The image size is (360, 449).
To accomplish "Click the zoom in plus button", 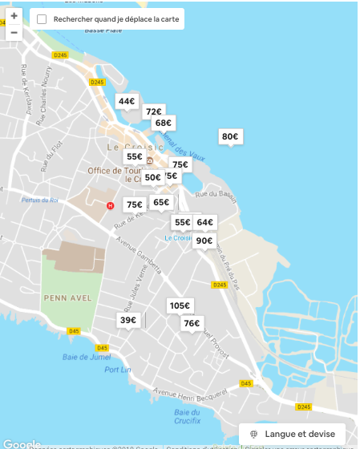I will [14, 15].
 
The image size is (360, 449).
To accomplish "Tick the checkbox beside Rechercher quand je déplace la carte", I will [42, 18].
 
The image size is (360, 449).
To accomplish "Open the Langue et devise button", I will [292, 433].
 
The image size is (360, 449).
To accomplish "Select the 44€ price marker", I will [127, 102].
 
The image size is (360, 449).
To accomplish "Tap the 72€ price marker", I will [154, 112].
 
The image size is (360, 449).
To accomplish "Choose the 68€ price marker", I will [164, 123].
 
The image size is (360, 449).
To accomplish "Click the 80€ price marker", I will [230, 137].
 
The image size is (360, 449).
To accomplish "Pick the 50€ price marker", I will [152, 178].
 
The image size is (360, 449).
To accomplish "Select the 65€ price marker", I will [161, 203].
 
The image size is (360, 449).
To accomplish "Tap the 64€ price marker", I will [205, 223].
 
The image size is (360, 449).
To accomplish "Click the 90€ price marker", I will [204, 241].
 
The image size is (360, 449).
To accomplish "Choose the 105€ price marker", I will [180, 305].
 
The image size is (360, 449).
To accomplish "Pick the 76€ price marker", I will [191, 324].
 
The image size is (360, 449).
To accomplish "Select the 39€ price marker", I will [127, 320].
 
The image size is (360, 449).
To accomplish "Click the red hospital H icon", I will [111, 205].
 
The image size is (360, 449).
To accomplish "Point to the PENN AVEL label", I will [72, 298].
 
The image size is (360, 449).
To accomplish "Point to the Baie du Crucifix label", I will [186, 416].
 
